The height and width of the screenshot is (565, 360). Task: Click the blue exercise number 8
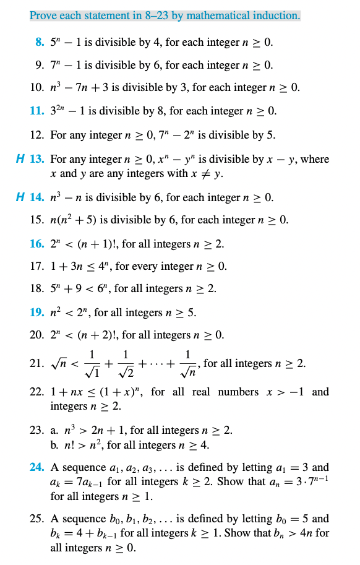coord(40,43)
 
